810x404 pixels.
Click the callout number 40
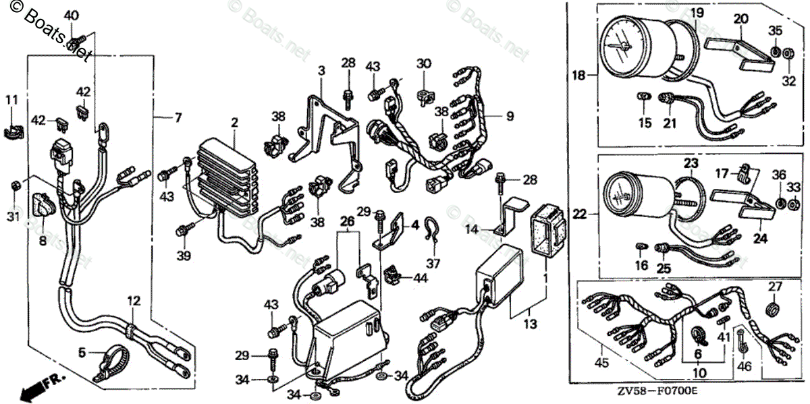click(x=70, y=16)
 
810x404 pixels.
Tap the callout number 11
click(x=11, y=100)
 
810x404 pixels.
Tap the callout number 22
click(x=580, y=214)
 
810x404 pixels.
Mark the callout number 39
click(x=184, y=256)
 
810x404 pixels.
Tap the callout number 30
click(x=423, y=63)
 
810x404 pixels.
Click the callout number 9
click(x=510, y=116)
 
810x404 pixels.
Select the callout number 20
click(x=740, y=19)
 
